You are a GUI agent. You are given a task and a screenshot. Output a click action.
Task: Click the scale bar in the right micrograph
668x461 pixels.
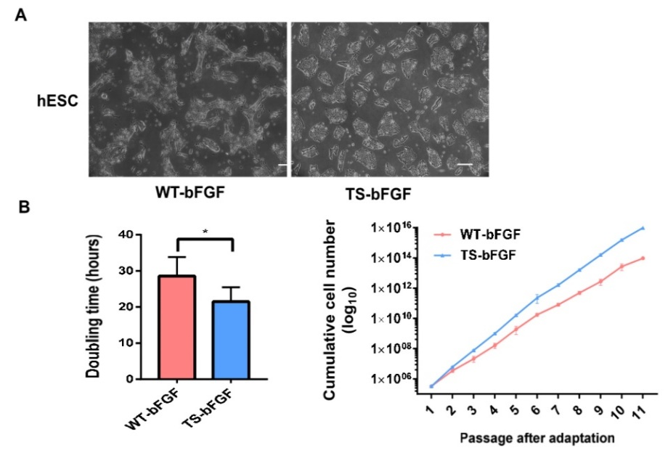pyautogui.click(x=465, y=165)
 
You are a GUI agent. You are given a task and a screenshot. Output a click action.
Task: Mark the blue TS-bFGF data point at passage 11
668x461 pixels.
pyautogui.click(x=643, y=228)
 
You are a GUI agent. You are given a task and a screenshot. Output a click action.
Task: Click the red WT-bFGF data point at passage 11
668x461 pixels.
pyautogui.click(x=643, y=258)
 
